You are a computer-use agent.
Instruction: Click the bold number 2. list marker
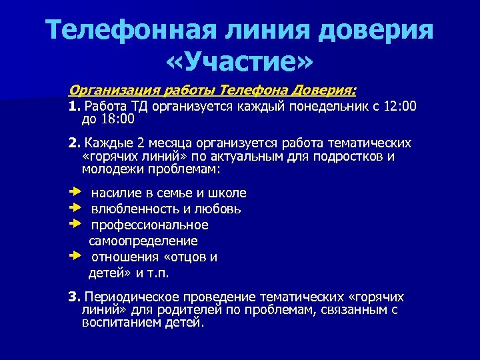point(73,143)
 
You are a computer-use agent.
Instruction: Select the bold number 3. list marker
point(73,297)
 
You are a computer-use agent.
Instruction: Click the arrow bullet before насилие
point(73,193)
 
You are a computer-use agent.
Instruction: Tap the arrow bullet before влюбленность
point(73,209)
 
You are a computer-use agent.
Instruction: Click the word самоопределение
point(143,241)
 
